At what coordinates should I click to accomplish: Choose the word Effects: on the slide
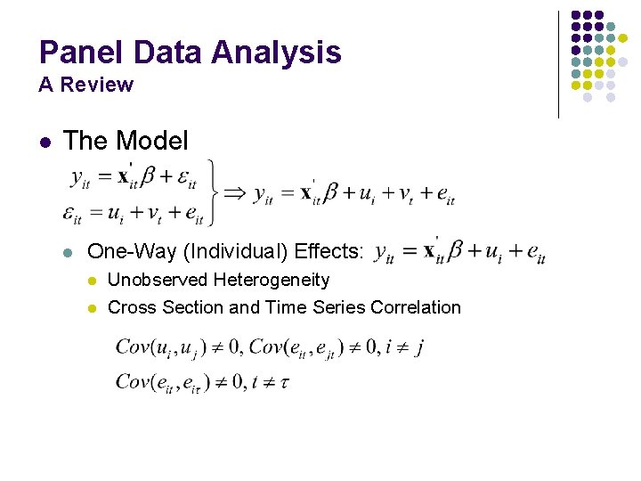[329, 252]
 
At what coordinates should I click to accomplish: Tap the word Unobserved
[156, 280]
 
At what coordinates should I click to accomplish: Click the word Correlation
[417, 307]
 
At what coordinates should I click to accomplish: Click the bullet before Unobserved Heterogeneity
[91, 281]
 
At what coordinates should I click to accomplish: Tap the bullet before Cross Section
[91, 308]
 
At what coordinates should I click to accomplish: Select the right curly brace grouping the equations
[211, 191]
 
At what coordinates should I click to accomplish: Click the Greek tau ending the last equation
[283, 383]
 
